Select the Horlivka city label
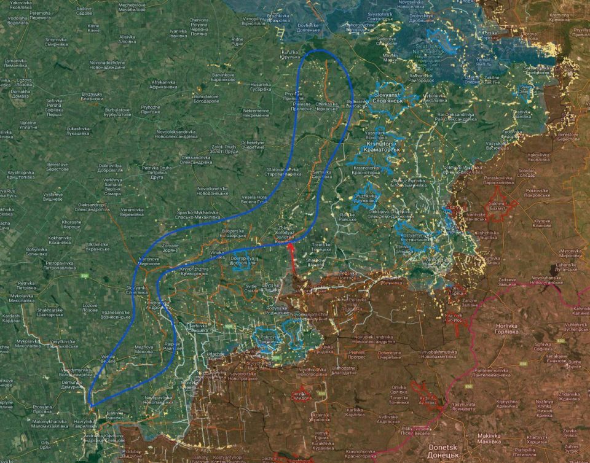(506, 329)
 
